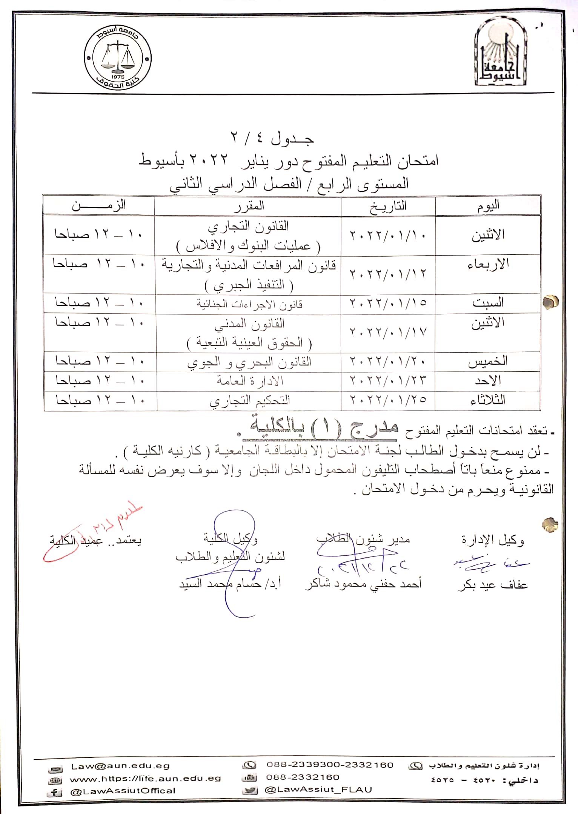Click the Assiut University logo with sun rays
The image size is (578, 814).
click(501, 53)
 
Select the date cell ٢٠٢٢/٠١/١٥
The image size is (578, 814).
click(388, 303)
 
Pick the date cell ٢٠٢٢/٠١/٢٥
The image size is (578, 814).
click(388, 400)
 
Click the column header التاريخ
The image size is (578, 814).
click(388, 206)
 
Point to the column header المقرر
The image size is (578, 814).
click(249, 206)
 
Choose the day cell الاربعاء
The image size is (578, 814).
click(488, 264)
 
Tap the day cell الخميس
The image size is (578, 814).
click(488, 362)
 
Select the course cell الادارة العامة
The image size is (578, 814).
click(250, 381)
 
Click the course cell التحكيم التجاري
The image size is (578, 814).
click(250, 400)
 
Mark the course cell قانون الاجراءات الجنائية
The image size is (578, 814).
click(249, 304)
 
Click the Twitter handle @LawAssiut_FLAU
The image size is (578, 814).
click(318, 789)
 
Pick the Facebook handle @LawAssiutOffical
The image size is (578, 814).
click(123, 790)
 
